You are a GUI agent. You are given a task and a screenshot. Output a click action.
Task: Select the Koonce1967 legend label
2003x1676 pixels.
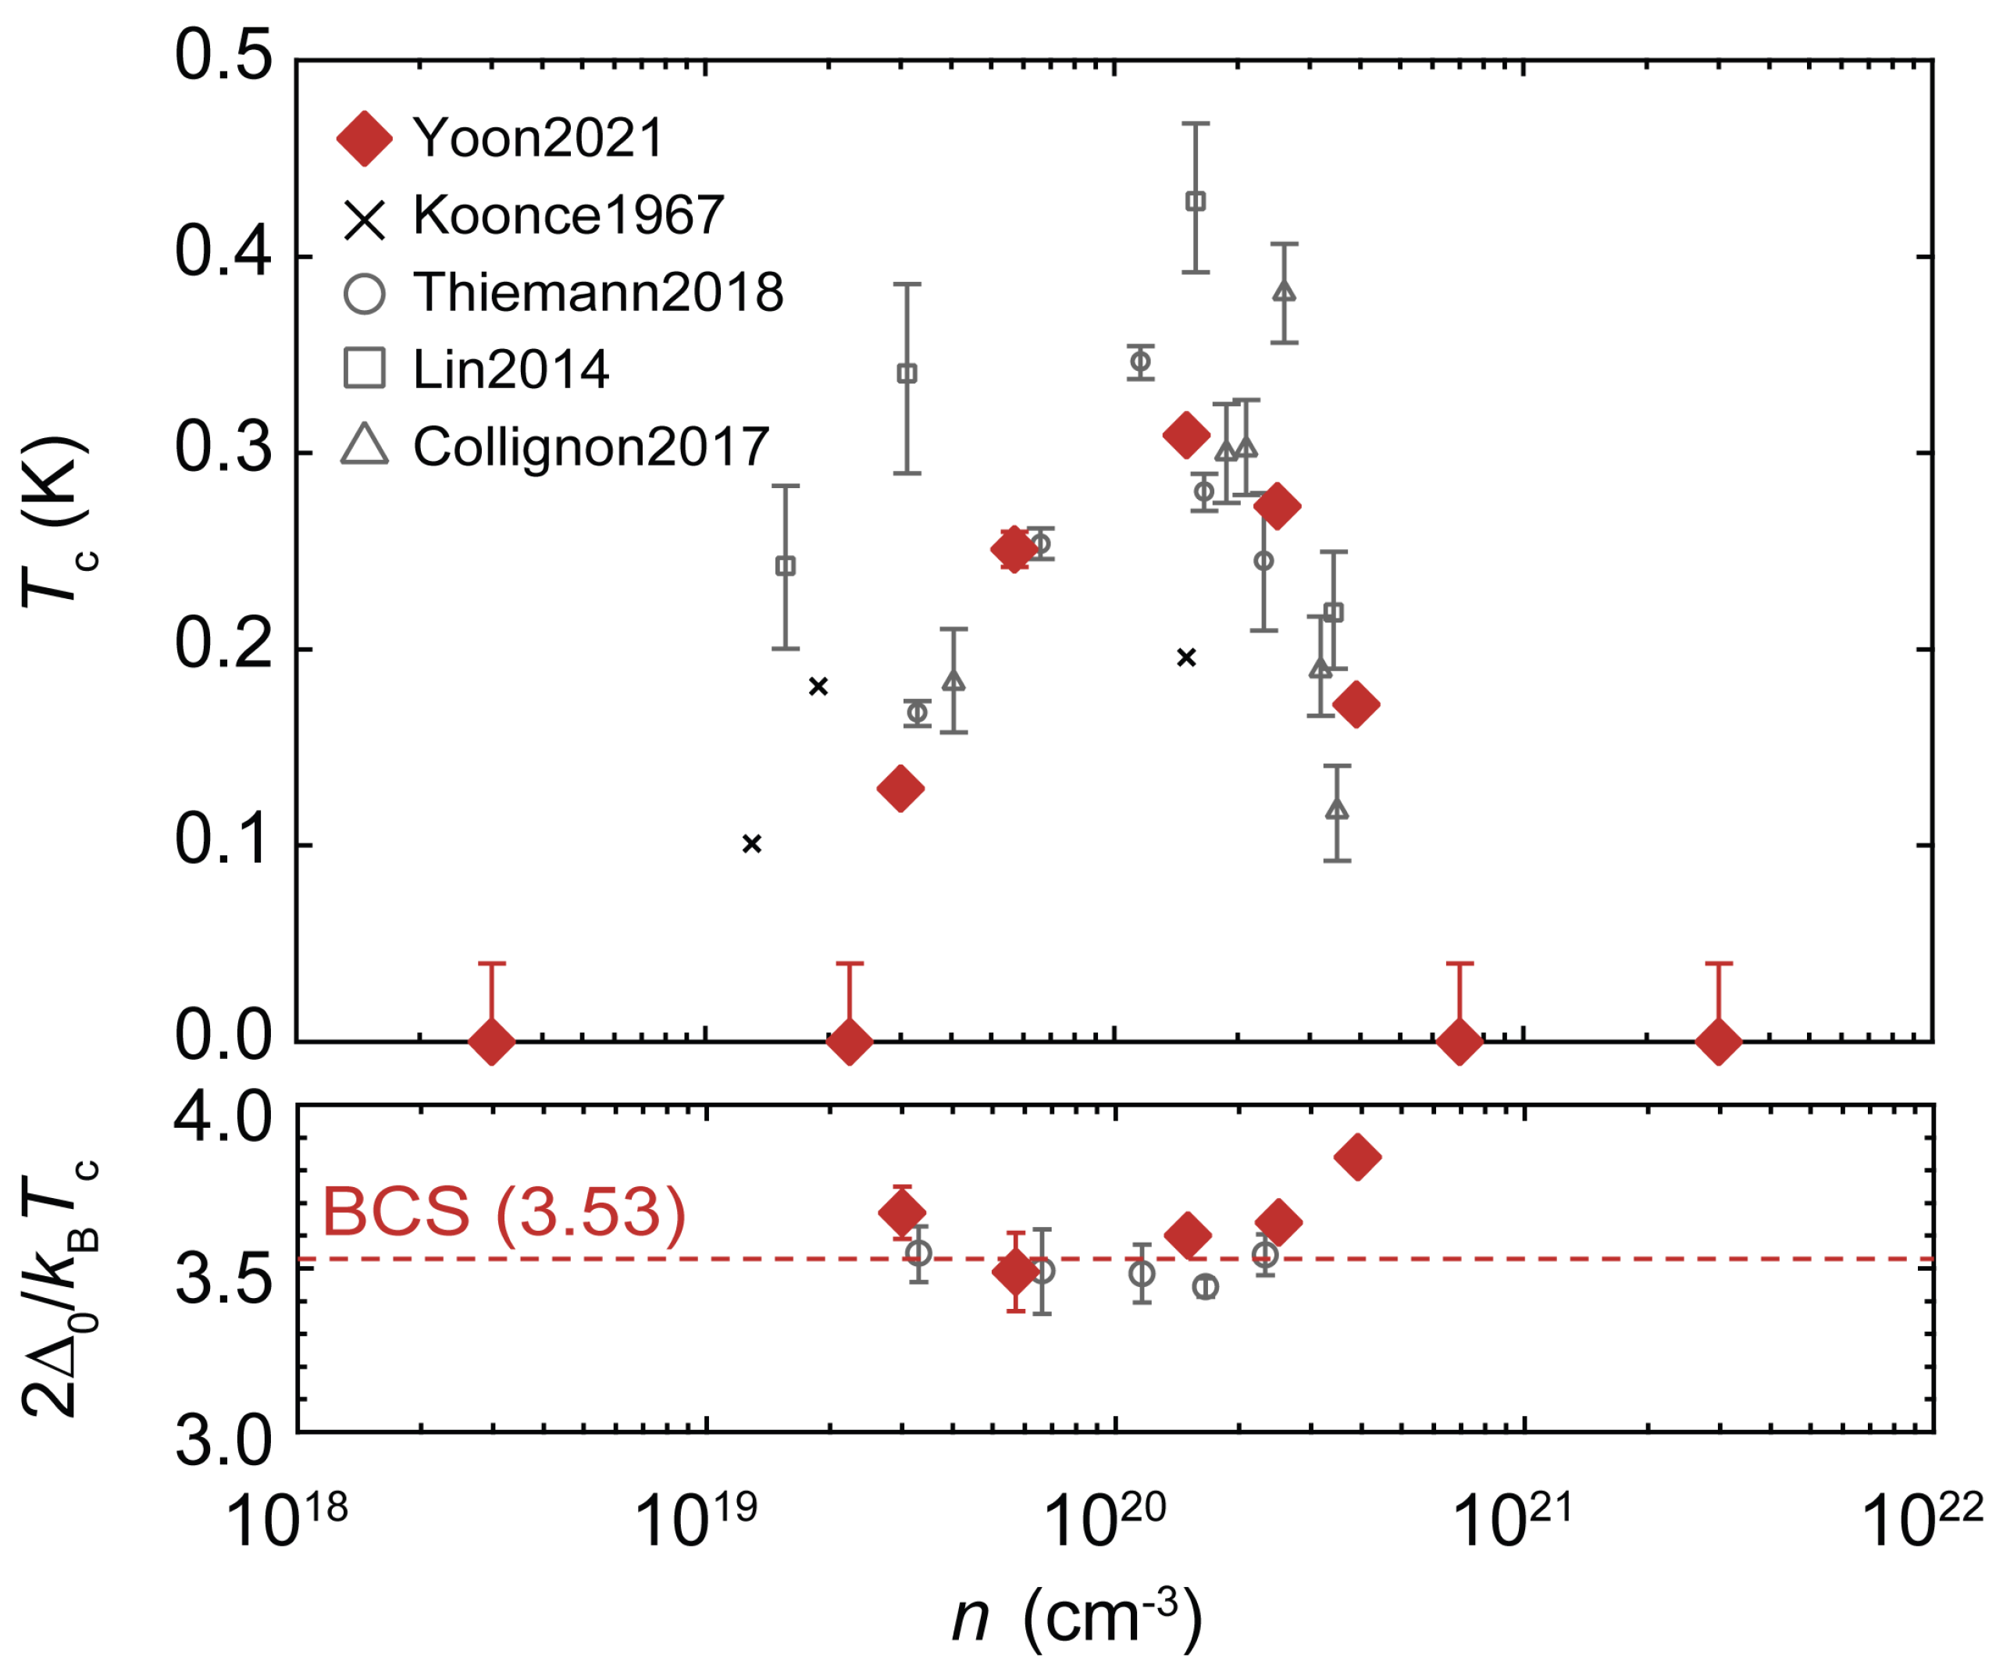568,216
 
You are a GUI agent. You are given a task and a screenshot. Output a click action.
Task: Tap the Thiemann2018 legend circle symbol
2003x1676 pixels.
365,293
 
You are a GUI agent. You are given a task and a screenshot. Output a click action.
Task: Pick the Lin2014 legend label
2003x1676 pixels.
510,369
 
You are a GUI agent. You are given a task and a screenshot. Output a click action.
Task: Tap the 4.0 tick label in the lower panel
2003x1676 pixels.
223,1118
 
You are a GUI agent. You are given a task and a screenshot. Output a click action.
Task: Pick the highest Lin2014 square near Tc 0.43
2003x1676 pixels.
1195,201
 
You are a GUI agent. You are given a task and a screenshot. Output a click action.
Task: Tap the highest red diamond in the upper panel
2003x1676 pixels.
1186,436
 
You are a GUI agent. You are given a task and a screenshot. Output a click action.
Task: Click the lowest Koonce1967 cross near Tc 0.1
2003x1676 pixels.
751,843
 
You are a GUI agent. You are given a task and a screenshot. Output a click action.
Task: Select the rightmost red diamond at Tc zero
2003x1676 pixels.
1719,1041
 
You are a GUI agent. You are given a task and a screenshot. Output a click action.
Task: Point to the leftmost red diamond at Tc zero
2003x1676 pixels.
492,1041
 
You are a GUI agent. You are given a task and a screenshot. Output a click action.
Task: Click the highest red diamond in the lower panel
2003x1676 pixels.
1358,1157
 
